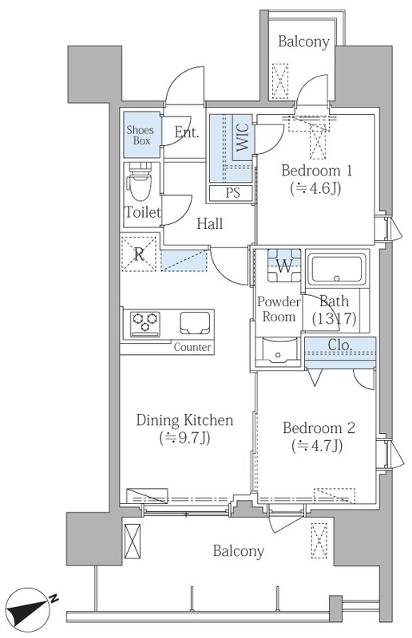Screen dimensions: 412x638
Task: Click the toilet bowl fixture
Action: click(x=140, y=181)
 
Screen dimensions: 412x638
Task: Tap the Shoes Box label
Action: click(x=141, y=136)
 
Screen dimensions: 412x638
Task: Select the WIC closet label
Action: click(x=243, y=137)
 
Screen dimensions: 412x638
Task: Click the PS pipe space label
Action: click(x=232, y=192)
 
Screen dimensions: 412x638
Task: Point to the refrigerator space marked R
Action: click(x=139, y=254)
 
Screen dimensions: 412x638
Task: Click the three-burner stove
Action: click(x=145, y=324)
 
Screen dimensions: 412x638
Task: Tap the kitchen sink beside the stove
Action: click(x=195, y=323)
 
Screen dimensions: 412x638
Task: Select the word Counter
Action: click(x=192, y=347)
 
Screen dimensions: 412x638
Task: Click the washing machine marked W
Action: click(x=284, y=266)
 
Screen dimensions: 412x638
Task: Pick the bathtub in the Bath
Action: click(x=337, y=269)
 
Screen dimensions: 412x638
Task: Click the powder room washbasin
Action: click(x=279, y=349)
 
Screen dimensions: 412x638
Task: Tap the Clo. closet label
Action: click(x=340, y=345)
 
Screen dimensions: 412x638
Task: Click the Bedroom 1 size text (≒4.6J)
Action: click(x=316, y=188)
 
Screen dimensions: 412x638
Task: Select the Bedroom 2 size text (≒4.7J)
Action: click(x=317, y=447)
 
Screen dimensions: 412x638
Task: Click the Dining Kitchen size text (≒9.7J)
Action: click(x=184, y=438)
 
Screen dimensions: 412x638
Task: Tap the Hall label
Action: click(x=210, y=223)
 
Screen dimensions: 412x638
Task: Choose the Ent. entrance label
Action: click(x=187, y=132)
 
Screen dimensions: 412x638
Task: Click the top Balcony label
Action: click(x=303, y=42)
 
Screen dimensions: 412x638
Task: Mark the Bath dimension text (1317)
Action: click(x=335, y=317)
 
